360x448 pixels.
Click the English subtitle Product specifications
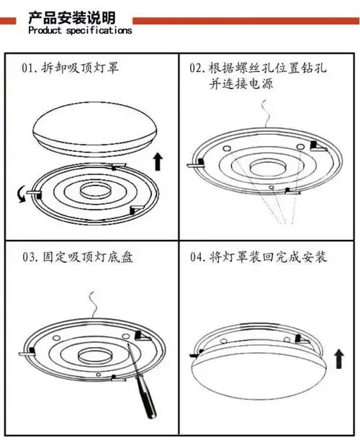coord(79,31)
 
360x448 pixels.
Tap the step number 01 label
coord(30,70)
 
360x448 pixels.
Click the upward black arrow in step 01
coord(158,160)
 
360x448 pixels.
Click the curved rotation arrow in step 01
coord(22,193)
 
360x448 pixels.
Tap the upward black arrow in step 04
coord(339,356)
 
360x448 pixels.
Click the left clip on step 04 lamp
coord(194,354)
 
